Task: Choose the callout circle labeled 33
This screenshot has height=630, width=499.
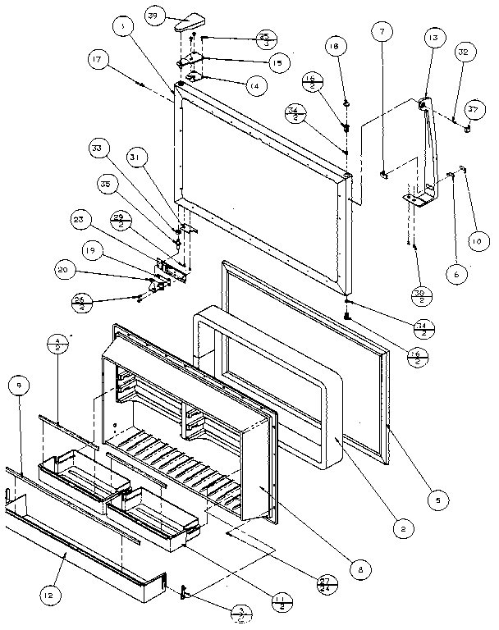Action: click(98, 148)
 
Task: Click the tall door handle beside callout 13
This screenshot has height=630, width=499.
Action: click(432, 148)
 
